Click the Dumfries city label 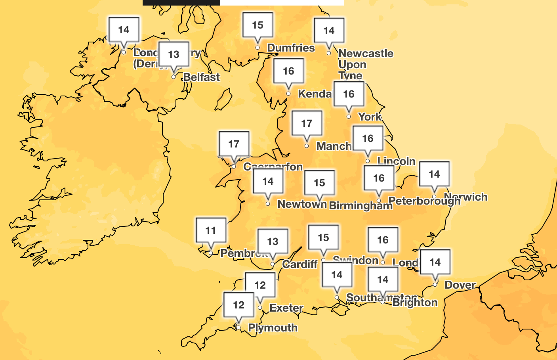point(291,48)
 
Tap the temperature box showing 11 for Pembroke point(211,230)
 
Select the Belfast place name point(202,77)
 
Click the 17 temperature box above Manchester point(307,123)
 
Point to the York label point(370,117)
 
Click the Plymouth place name point(273,328)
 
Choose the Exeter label point(286,308)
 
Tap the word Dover point(460,285)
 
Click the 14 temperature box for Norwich point(434,174)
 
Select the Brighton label point(415,303)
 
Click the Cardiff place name point(300,264)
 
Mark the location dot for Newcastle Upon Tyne point(329,53)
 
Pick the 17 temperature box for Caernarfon point(234,144)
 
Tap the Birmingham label point(361,206)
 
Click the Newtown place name point(302,204)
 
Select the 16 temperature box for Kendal point(288,71)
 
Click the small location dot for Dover point(435,285)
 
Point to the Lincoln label point(396,161)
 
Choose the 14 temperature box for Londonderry point(124,30)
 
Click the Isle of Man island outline point(224,100)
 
